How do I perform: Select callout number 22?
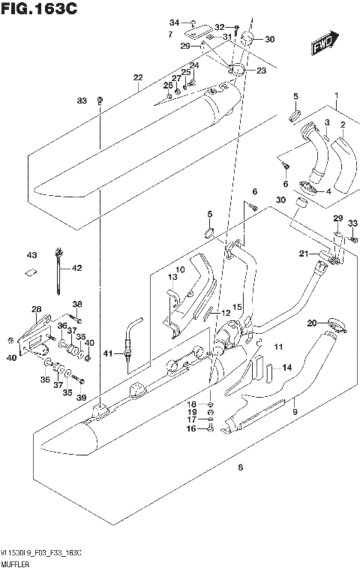[137, 77]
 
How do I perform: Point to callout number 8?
[240, 468]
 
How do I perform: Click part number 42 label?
[76, 267]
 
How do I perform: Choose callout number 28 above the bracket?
[36, 308]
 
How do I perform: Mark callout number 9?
[295, 412]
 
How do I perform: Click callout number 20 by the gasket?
[311, 323]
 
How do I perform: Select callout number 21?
[304, 255]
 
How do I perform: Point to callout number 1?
[337, 95]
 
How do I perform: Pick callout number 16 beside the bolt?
[190, 428]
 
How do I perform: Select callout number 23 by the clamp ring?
[261, 71]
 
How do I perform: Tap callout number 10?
[180, 270]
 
